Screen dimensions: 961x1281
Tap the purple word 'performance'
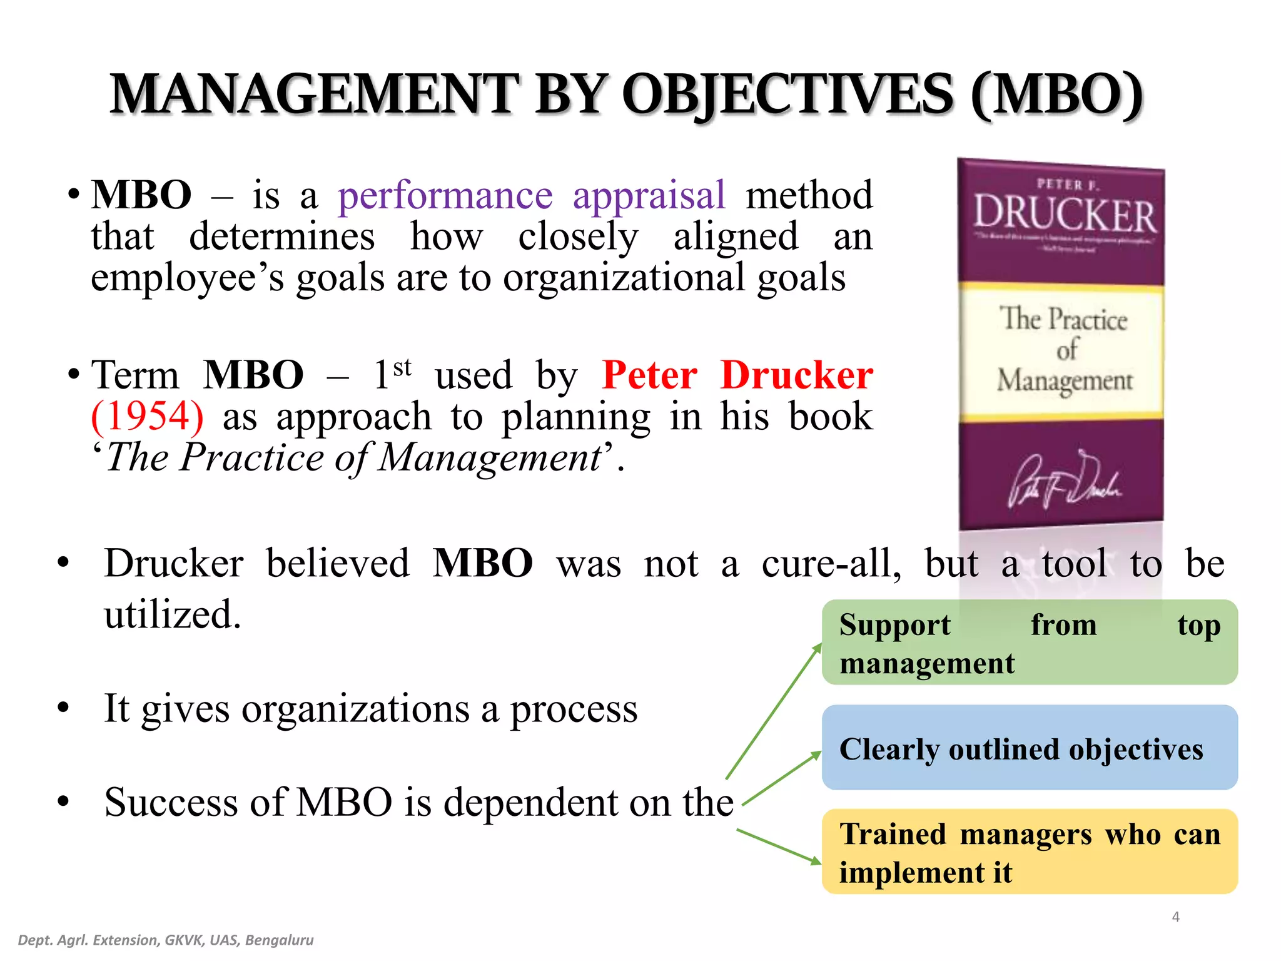(445, 195)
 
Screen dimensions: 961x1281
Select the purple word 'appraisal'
(649, 195)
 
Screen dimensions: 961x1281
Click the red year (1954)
(148, 416)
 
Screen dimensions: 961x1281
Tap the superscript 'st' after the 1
(402, 367)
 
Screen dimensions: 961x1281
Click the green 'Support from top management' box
(1029, 643)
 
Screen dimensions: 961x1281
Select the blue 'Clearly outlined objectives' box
(1029, 748)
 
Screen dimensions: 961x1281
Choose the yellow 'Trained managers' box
(1029, 852)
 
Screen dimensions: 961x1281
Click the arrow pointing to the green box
(774, 710)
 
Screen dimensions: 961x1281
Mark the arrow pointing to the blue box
(782, 778)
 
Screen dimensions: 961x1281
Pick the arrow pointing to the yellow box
(778, 846)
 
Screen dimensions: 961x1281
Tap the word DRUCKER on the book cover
(1065, 215)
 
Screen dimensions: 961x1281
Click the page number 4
(1175, 917)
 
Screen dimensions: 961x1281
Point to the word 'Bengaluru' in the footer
(279, 940)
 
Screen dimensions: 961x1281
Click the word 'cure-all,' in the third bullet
(831, 563)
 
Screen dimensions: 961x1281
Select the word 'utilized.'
(173, 614)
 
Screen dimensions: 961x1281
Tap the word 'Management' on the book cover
(1065, 380)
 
